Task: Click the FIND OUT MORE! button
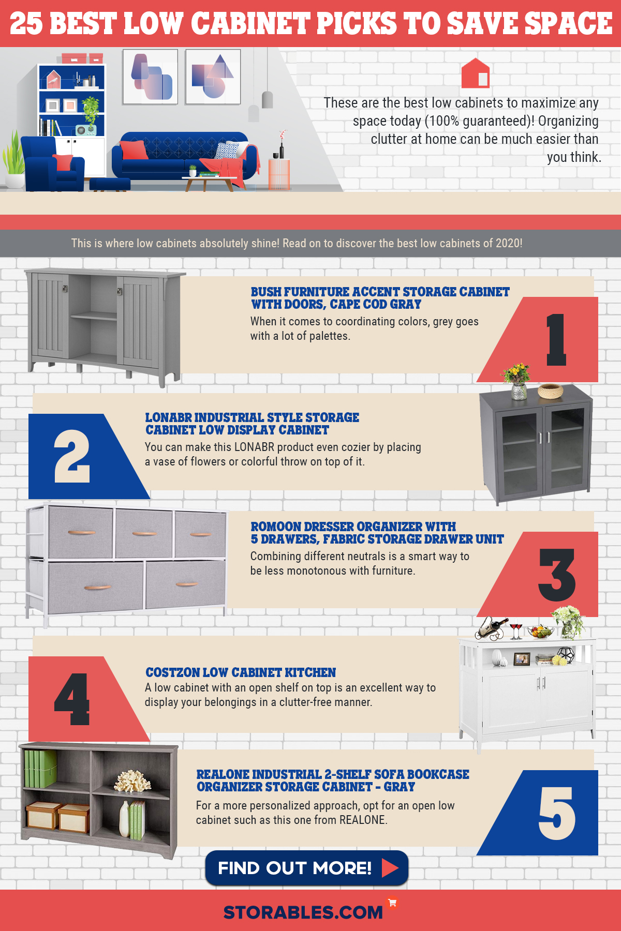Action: coord(306,867)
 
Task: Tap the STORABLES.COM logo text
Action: coord(303,912)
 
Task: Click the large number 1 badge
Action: coord(556,340)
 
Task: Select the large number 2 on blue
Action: coord(72,456)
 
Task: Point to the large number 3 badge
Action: coord(557,575)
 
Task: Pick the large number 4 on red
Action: coord(72,699)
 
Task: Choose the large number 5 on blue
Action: coord(557,813)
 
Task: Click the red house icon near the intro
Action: coord(475,73)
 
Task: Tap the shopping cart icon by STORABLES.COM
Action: coord(392,903)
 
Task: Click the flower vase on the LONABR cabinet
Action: coord(517,382)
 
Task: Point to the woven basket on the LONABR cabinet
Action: coord(550,391)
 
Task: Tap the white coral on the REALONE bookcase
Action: coord(132,782)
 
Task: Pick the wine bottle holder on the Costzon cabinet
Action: coord(492,627)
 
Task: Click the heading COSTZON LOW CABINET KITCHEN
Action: coord(241,672)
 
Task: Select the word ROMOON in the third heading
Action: coord(276,527)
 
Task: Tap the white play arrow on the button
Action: coord(390,867)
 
